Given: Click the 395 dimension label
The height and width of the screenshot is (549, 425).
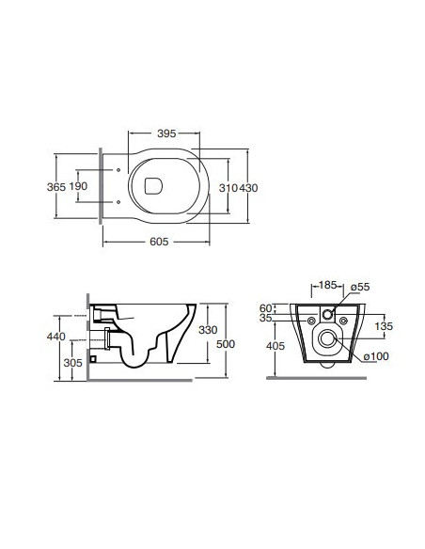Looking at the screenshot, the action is pos(166,133).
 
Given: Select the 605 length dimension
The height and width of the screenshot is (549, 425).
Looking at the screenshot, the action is pos(159,242).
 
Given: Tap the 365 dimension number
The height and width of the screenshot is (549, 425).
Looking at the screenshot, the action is pos(56,187).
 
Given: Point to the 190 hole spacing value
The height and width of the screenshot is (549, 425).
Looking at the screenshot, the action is pos(78,186).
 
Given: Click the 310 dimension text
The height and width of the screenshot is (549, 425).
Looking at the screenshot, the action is pos(228,188).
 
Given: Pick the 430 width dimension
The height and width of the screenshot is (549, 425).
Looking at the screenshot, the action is pos(248,188).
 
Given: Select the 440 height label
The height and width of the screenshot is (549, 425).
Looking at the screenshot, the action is pos(56,337).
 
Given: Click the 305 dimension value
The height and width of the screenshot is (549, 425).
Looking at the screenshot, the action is pos(72,363).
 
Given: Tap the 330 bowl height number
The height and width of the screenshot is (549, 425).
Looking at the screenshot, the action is pos(208,330).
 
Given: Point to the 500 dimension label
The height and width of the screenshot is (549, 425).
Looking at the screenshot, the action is pos(226,344).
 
